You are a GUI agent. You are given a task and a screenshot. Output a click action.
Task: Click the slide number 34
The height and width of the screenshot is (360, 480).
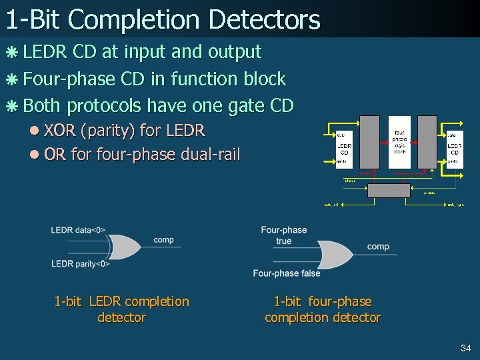(465, 348)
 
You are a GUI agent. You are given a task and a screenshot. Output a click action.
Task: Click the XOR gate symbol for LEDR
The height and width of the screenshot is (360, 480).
(125, 247)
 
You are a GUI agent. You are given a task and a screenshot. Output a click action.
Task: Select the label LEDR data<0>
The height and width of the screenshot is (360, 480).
(78, 231)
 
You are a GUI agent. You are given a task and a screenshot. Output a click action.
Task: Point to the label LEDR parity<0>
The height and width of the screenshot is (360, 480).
(81, 264)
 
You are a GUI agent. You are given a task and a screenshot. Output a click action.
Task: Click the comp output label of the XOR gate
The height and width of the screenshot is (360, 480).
(163, 240)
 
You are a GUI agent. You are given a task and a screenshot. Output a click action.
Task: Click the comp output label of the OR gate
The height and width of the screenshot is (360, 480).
(378, 247)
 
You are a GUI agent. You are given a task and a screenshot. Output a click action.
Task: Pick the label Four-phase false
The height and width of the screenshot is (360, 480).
(287, 273)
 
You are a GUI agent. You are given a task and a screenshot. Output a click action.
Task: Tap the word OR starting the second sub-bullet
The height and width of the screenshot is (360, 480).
(55, 155)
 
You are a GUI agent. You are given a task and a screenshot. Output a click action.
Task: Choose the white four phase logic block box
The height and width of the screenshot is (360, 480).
(399, 142)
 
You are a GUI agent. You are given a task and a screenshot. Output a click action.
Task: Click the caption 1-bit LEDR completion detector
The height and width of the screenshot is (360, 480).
(121, 309)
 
